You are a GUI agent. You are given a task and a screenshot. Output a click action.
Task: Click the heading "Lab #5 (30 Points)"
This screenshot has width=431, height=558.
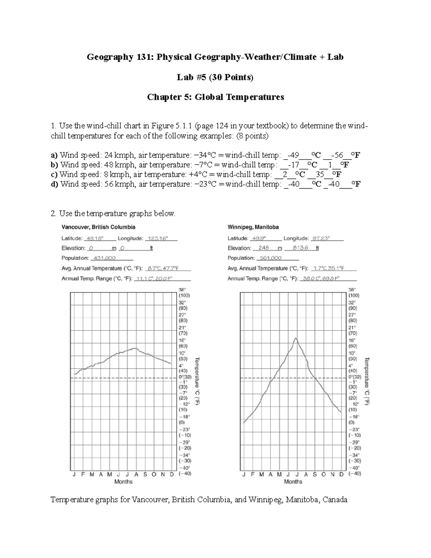(215, 77)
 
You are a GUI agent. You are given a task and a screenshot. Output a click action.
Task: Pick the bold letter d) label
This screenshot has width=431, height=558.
(54, 184)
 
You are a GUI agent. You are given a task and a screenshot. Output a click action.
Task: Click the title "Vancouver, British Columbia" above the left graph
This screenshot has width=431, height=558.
(98, 227)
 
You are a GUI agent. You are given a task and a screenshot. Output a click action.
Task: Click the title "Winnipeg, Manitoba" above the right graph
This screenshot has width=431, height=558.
(253, 227)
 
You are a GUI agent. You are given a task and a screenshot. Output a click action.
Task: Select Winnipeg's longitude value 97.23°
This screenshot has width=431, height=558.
(321, 238)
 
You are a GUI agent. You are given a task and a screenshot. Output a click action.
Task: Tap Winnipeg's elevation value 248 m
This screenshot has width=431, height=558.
(264, 248)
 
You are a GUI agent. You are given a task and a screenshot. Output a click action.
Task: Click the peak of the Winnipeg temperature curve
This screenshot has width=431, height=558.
(295, 338)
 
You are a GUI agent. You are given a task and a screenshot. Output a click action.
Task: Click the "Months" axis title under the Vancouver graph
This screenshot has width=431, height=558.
(123, 481)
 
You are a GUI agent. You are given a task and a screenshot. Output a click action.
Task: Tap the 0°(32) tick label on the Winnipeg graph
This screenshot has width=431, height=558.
(354, 377)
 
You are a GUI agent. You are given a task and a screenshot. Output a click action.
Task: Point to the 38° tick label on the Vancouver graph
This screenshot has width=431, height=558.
(182, 289)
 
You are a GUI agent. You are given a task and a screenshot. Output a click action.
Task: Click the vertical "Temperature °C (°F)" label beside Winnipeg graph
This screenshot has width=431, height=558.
(367, 381)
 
